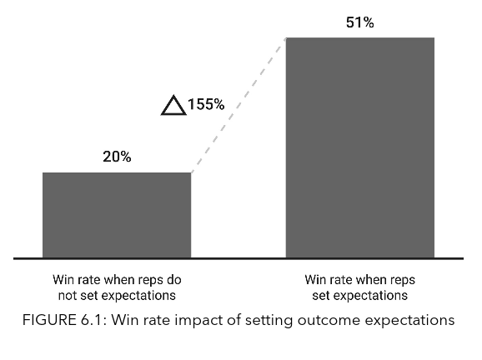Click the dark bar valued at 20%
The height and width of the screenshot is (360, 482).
click(x=117, y=215)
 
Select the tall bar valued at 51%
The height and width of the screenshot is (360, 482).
click(x=359, y=147)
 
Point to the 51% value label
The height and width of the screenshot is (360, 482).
click(x=359, y=22)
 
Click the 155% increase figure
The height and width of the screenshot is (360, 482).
click(x=206, y=105)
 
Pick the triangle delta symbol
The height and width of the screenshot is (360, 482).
click(x=172, y=106)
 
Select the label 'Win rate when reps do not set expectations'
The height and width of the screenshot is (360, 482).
click(x=117, y=287)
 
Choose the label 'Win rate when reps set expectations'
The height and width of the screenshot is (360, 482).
click(x=359, y=287)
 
